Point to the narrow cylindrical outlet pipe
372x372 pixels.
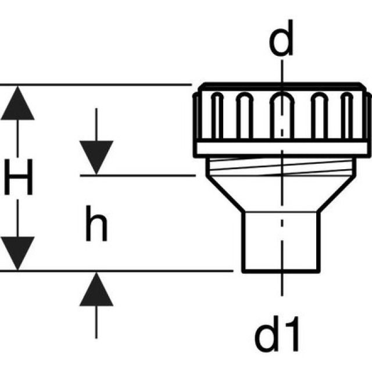click(282, 241)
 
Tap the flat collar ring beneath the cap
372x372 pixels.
click(282, 148)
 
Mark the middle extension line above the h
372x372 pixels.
click(139, 174)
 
